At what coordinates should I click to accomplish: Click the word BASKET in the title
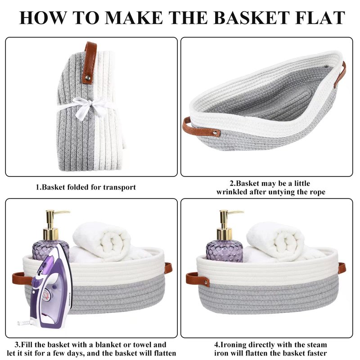(252, 18)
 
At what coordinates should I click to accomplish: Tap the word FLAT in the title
(320, 18)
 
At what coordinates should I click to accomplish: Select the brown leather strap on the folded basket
(90, 62)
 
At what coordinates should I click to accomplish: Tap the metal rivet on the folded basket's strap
(88, 77)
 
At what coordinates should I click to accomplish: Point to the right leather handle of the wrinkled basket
(340, 75)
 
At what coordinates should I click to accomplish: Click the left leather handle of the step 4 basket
(198, 279)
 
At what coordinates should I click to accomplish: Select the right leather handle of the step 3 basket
(168, 268)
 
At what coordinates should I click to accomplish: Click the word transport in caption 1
(119, 187)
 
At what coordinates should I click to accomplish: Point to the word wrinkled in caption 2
(231, 192)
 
